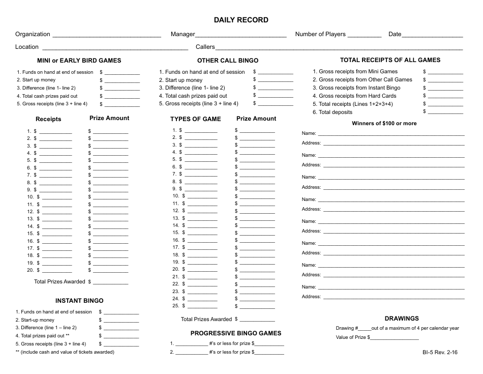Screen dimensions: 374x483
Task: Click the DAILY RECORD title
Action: (241, 20)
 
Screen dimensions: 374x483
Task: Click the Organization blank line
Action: (107, 36)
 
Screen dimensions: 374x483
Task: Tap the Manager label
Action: (183, 34)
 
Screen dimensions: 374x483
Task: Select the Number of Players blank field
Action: (365, 36)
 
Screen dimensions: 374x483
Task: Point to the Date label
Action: (395, 34)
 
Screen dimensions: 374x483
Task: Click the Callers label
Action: (205, 47)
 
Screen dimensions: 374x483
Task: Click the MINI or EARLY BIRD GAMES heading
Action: (79, 60)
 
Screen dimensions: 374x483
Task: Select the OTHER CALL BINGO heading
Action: (228, 60)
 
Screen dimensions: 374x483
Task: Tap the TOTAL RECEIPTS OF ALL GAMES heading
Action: (390, 60)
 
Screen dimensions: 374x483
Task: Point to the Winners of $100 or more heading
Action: (384, 123)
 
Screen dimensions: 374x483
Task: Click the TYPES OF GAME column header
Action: (195, 119)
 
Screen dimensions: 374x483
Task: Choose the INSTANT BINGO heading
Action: (79, 301)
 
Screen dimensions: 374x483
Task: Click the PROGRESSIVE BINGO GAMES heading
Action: (235, 333)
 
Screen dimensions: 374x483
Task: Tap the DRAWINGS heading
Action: (402, 319)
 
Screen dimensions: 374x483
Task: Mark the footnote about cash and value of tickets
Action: (65, 352)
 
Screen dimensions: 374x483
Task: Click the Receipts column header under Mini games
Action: (48, 119)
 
